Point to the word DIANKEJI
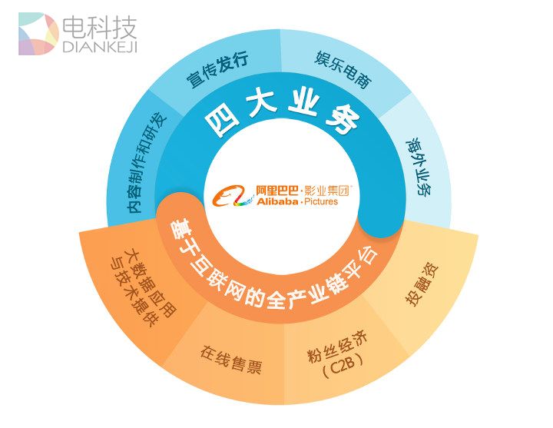(98, 48)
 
